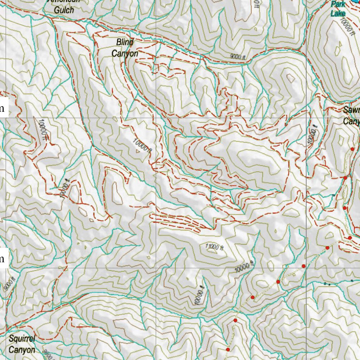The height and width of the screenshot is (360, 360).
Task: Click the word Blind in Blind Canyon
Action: click(x=125, y=43)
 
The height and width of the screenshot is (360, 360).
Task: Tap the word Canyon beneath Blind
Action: click(x=125, y=53)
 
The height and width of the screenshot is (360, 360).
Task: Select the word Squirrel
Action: click(x=22, y=339)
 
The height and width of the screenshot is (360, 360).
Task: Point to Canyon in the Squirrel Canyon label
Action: click(x=22, y=350)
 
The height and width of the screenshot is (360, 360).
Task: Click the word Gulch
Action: click(x=64, y=10)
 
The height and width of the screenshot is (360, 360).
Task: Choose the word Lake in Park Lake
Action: click(x=338, y=13)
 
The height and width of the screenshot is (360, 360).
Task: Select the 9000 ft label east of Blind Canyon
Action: click(x=237, y=56)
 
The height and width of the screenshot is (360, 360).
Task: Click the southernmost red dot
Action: click(x=228, y=349)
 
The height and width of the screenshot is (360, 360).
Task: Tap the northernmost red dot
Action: click(x=352, y=149)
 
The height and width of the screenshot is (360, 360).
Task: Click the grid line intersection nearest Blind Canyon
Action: click(x=156, y=117)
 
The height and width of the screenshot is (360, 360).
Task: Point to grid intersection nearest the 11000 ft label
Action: click(x=156, y=268)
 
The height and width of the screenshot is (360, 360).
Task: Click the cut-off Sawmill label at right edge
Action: click(x=352, y=110)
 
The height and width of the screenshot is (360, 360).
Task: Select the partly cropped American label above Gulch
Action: click(x=64, y=1)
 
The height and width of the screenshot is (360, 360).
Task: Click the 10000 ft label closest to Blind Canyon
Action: click(x=142, y=145)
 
